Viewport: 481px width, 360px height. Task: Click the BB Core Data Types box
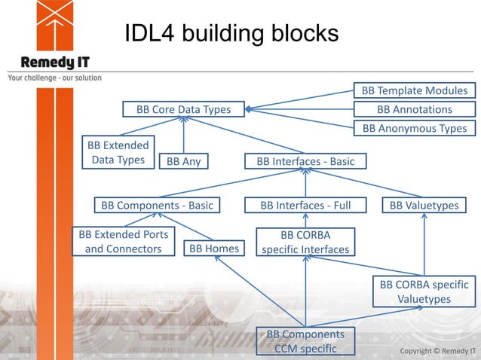coord(183,110)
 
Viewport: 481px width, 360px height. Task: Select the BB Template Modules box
coord(414,90)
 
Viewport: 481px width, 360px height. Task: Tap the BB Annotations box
coord(414,110)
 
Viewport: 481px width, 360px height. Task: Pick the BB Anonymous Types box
coord(414,129)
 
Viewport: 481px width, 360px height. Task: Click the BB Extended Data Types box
coord(118,152)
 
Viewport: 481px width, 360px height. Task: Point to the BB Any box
coord(183,161)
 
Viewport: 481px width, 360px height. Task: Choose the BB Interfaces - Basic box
coord(305,161)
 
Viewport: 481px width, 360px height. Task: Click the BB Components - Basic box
coord(157,205)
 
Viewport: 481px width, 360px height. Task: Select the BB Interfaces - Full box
coord(305,205)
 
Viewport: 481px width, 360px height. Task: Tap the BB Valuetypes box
coord(424,205)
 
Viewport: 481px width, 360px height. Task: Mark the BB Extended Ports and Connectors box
coord(123,241)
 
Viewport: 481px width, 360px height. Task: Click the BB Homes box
coord(213,249)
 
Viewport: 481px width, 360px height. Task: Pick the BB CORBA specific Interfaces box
coord(305,241)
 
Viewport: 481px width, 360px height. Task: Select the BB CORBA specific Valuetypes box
coord(424,291)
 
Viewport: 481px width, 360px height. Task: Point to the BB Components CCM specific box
coord(305,340)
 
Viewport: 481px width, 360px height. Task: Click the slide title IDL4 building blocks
coord(231,34)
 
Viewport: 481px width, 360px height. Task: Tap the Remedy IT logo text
coord(55,62)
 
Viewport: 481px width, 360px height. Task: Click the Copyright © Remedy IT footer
coord(437,351)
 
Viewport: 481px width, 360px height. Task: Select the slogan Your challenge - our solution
coord(54,78)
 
